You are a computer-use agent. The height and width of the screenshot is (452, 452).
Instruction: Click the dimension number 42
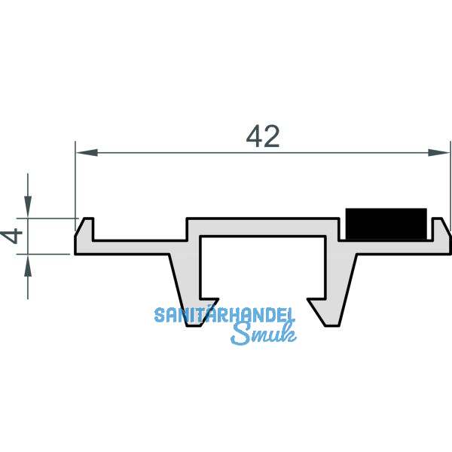click(263, 136)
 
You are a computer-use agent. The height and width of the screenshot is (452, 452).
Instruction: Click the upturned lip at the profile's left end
click(87, 227)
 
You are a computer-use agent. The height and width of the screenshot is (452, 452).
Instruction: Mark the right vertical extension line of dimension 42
click(450, 181)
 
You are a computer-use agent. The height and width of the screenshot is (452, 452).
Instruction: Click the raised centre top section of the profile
click(264, 227)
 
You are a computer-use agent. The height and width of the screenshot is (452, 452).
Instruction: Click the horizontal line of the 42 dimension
click(188, 153)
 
